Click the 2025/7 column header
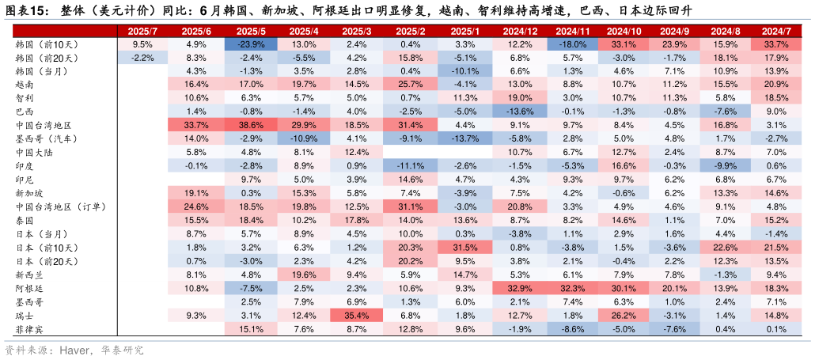pyautogui.click(x=142, y=31)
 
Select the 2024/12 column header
pyautogui.click(x=520, y=31)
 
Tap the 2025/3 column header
pyautogui.click(x=357, y=31)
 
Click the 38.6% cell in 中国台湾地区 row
pyautogui.click(x=250, y=125)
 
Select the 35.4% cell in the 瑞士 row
pyautogui.click(x=357, y=316)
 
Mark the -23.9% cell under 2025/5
pyautogui.click(x=250, y=44)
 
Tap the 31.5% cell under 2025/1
pyautogui.click(x=465, y=248)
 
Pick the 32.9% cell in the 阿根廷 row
pyautogui.click(x=520, y=288)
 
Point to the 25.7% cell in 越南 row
pyautogui.click(x=411, y=84)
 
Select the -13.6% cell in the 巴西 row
pyautogui.click(x=520, y=112)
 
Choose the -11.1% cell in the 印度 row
pyautogui.click(x=411, y=165)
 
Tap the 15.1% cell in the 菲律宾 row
pyautogui.click(x=250, y=329)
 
